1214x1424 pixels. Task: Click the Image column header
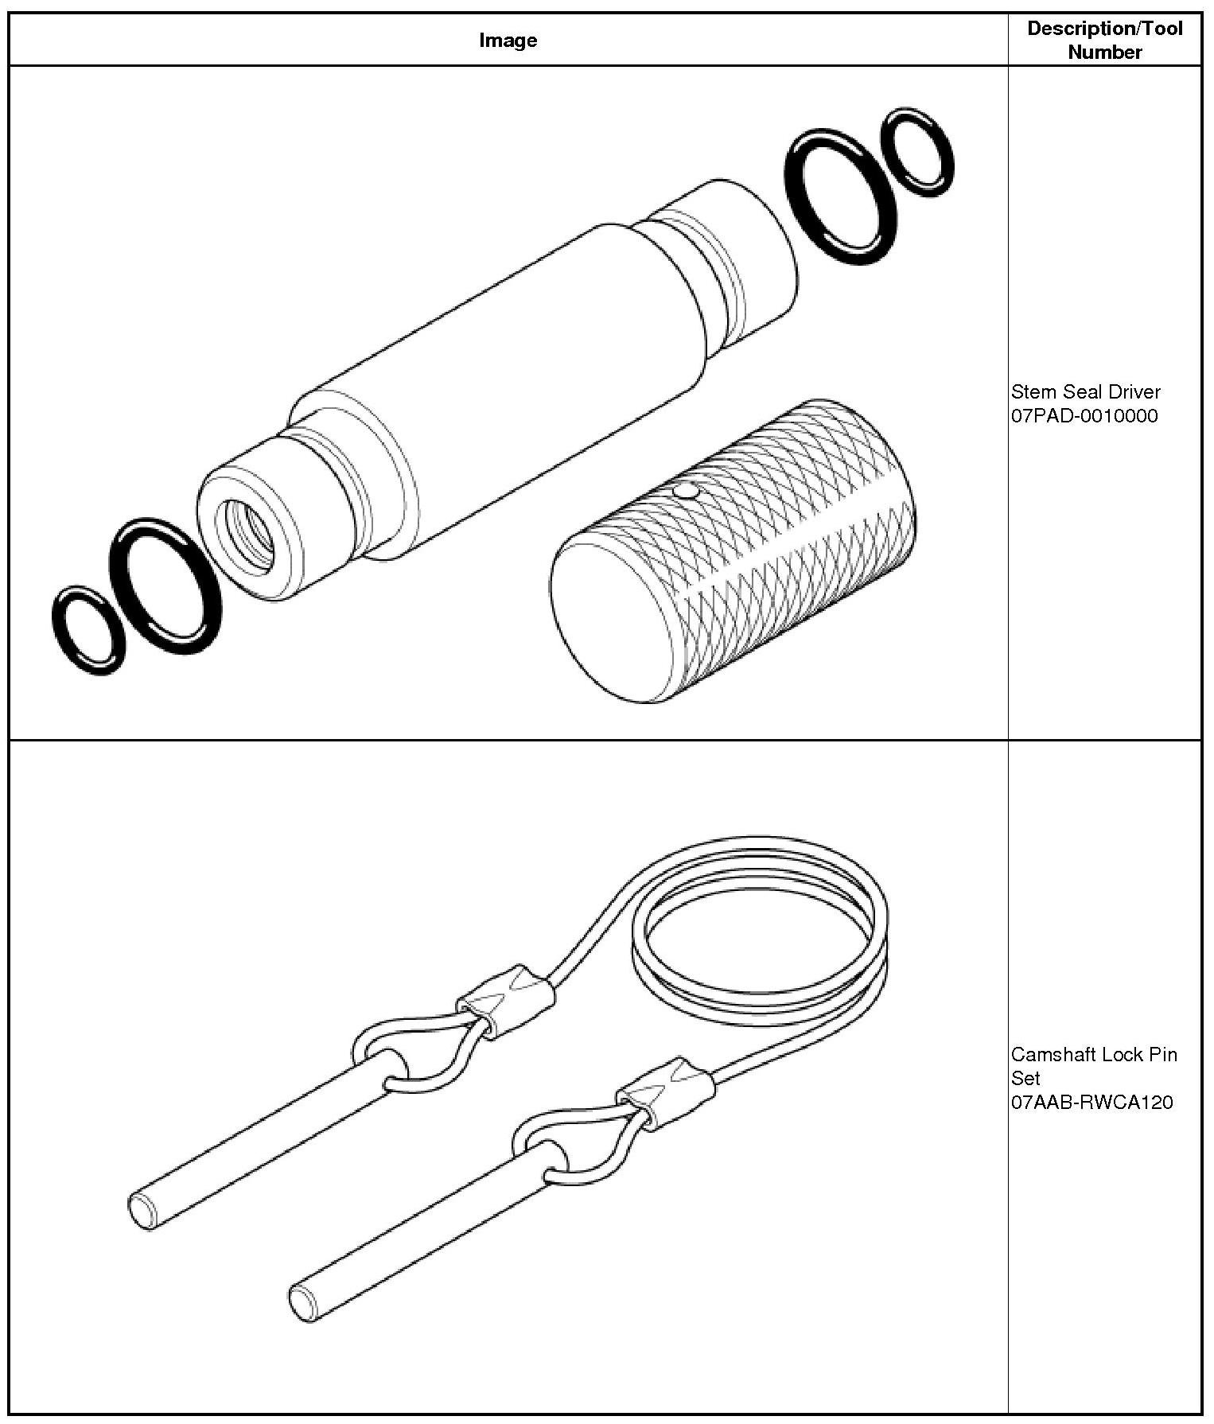click(x=508, y=41)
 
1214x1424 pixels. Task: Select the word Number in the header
click(x=1104, y=53)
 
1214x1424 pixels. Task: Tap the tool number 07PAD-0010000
click(x=1084, y=415)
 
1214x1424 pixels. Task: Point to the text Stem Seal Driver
click(x=1085, y=391)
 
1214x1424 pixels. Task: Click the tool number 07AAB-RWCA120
click(x=1091, y=1102)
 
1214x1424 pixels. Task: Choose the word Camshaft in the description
click(x=1049, y=1054)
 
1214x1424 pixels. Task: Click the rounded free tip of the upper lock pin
click(x=142, y=1212)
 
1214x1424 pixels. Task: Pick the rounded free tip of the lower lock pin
click(x=302, y=1304)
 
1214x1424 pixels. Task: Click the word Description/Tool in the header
click(x=1104, y=29)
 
